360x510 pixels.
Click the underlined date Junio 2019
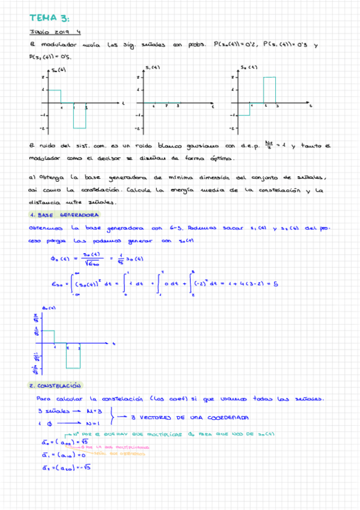(x=45, y=33)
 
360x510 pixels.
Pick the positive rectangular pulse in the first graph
(x=54, y=96)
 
